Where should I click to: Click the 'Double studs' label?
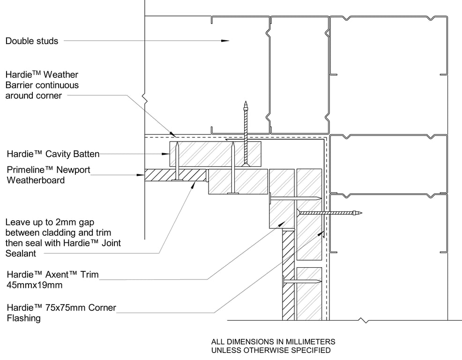32,41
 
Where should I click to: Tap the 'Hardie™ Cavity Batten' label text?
52,153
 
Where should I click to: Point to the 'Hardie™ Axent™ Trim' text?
52,275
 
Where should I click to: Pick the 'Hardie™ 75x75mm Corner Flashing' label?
61,313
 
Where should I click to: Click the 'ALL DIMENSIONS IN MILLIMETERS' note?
273,342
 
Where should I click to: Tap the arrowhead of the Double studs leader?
226,41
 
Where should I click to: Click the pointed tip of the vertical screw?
245,102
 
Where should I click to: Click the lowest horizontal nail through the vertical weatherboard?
302,282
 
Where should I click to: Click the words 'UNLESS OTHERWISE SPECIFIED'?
271,350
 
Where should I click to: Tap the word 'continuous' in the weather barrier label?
56,85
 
